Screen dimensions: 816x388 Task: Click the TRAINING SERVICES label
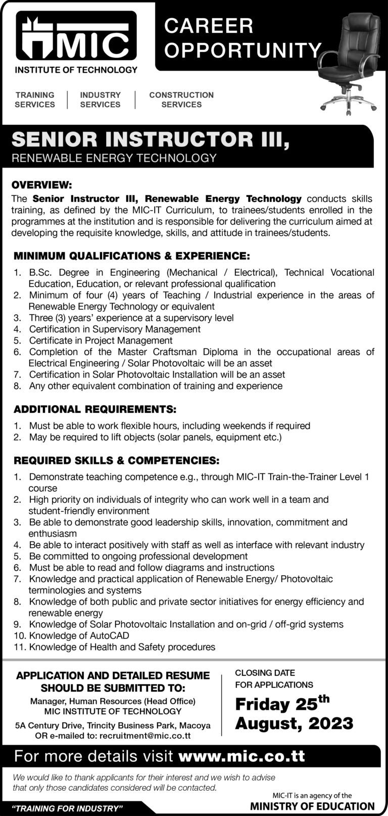(x=35, y=100)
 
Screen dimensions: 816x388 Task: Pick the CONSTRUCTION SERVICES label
(x=181, y=100)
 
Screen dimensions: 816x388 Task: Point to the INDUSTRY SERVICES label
(x=101, y=100)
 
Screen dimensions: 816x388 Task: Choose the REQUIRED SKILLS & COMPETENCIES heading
(x=116, y=460)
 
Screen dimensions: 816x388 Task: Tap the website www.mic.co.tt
(x=242, y=756)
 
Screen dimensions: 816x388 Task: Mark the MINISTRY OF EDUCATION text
(x=313, y=806)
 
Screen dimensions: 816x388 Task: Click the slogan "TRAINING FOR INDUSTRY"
(x=69, y=808)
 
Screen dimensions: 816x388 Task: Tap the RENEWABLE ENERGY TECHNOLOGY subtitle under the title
(x=114, y=158)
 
